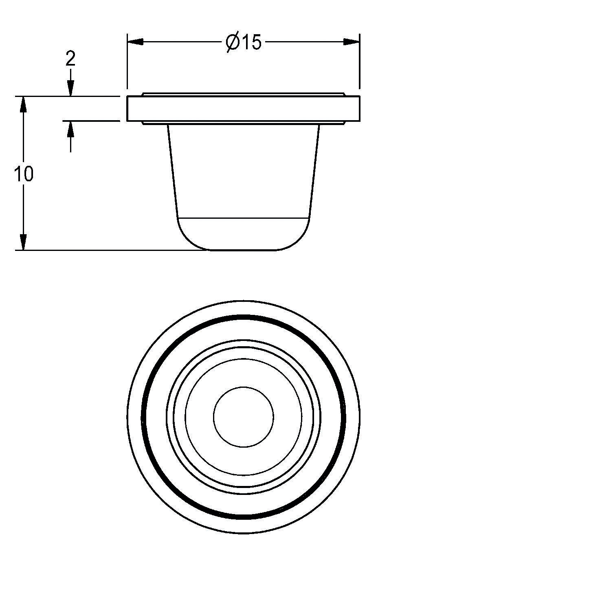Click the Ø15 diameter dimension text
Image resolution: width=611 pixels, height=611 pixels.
[x=243, y=42]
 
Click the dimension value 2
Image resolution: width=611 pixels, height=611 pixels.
[x=70, y=59]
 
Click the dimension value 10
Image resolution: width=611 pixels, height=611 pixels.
[x=24, y=174]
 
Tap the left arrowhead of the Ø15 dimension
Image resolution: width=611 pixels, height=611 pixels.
[x=136, y=42]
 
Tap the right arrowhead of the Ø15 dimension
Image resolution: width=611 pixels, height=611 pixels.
[x=351, y=42]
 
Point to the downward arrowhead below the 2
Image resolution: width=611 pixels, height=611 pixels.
[x=70, y=88]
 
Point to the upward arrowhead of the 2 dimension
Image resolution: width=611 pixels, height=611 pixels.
[x=70, y=129]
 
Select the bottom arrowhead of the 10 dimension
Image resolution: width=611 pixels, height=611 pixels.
[x=24, y=242]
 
